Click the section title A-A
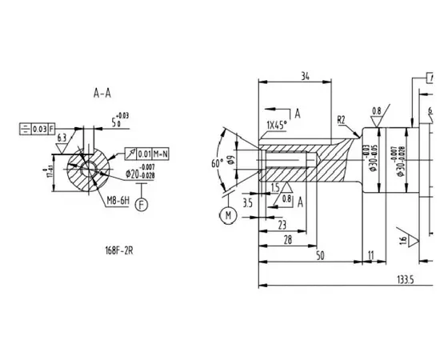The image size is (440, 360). [x=102, y=94]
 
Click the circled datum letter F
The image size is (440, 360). [x=142, y=205]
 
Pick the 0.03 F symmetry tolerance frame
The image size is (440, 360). [x=37, y=128]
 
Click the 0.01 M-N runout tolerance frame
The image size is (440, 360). [x=149, y=152]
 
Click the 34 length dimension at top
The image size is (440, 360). [x=305, y=77]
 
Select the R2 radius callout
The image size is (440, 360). [x=341, y=119]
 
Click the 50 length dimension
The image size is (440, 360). [x=319, y=255]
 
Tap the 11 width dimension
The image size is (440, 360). [x=370, y=255]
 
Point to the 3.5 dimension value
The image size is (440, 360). [x=247, y=205]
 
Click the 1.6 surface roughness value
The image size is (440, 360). [x=402, y=239]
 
